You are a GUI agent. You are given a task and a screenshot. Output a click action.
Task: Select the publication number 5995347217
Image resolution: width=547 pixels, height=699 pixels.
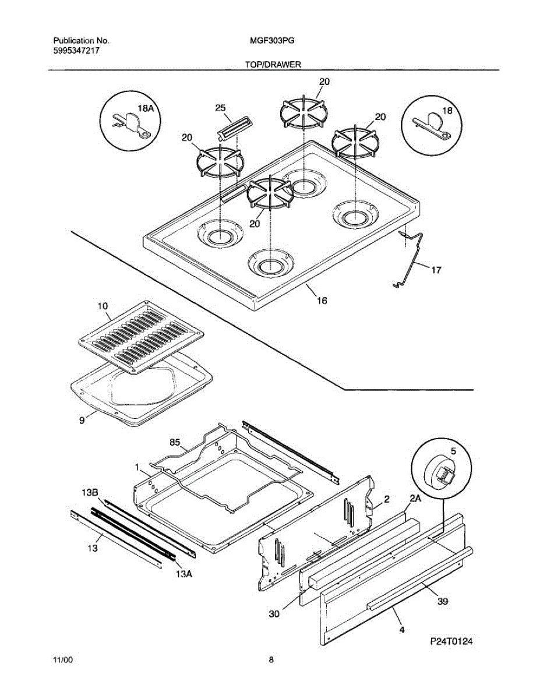point(76,51)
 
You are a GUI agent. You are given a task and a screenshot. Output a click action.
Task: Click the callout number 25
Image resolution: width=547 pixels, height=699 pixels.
point(220,108)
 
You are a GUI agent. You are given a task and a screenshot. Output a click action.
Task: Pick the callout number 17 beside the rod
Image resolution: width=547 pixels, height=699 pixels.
point(436,270)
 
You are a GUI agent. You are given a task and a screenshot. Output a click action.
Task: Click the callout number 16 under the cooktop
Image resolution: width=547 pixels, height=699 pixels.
point(322,301)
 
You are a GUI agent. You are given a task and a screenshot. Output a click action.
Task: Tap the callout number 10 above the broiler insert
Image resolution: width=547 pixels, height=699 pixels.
point(102,306)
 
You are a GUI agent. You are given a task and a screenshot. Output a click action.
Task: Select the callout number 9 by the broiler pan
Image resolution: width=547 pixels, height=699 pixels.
point(82,419)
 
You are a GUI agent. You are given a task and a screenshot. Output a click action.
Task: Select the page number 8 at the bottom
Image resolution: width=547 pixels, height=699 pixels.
point(271,660)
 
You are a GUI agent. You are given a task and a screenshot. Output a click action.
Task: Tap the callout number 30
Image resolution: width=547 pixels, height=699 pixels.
point(274,613)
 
